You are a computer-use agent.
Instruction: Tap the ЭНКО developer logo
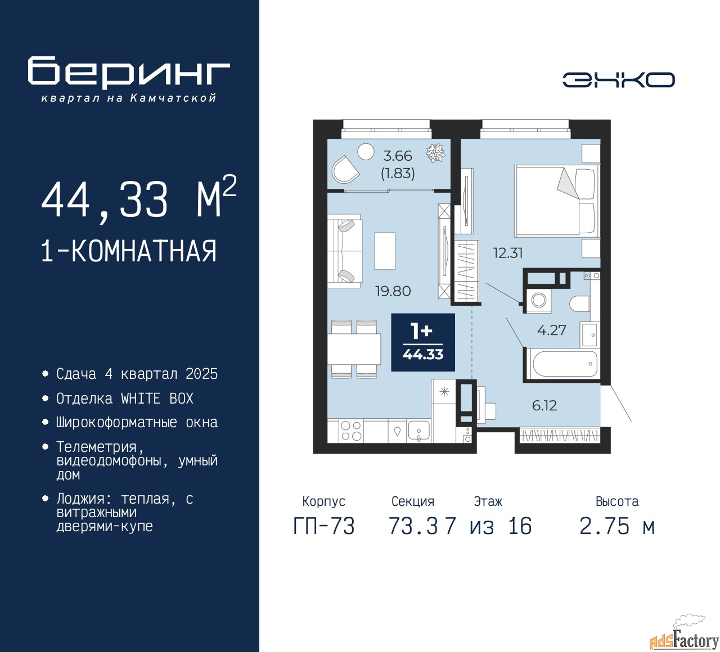[618, 80]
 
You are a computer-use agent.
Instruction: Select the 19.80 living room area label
[393, 291]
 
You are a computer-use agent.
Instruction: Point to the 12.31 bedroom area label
[508, 253]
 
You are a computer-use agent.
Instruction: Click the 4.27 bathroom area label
[552, 330]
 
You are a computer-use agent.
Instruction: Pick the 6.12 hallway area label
[544, 406]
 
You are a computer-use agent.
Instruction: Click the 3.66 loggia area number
[398, 156]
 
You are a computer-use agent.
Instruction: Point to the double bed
[557, 201]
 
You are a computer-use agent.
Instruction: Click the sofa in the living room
[344, 251]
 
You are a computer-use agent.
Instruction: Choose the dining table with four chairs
[354, 349]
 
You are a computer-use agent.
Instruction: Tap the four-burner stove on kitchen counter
[351, 431]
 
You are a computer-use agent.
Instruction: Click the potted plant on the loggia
[436, 153]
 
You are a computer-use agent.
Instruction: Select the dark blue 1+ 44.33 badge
[423, 342]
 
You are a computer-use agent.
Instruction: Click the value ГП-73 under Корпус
[324, 526]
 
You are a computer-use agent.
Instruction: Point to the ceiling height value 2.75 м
[617, 526]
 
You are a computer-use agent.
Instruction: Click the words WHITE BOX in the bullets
[157, 399]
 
